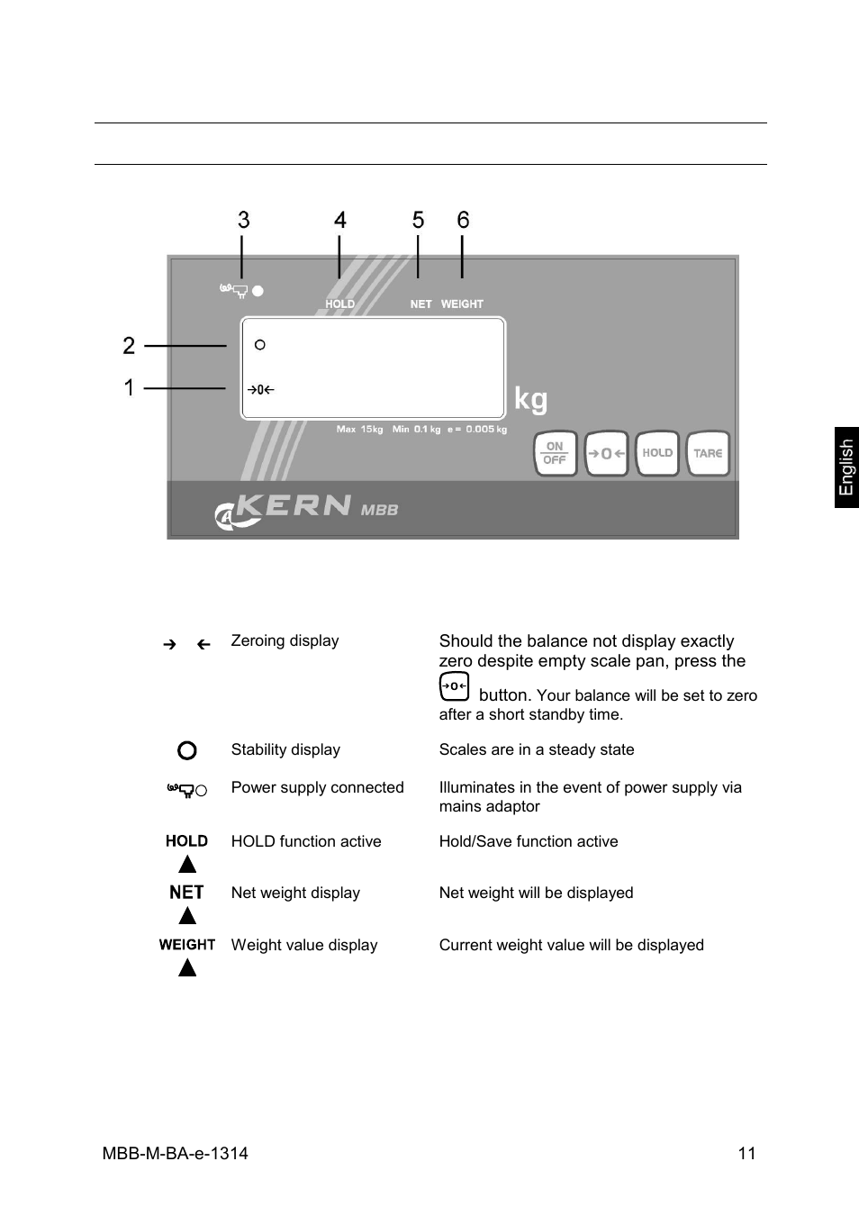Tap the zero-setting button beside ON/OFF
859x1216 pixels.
click(x=606, y=453)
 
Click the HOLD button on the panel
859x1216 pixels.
click(x=657, y=453)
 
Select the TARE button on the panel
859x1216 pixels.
click(x=708, y=453)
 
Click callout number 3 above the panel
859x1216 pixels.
click(x=243, y=220)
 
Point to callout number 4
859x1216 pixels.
click(x=339, y=220)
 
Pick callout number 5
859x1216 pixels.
click(x=418, y=220)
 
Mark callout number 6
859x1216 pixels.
click(x=463, y=220)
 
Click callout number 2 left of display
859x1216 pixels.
click(x=129, y=345)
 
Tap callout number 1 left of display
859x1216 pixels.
click(x=129, y=387)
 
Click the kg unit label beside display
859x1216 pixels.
click(x=530, y=398)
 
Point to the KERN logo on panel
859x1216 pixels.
click(x=293, y=507)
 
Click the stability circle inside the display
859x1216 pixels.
click(x=260, y=345)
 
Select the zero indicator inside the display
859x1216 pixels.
click(x=260, y=390)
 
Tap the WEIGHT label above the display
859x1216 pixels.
click(x=462, y=304)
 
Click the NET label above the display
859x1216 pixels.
click(x=420, y=304)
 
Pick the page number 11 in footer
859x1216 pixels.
click(x=746, y=1153)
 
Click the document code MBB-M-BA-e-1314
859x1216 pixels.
click(x=176, y=1153)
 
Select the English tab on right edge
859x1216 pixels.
click(x=846, y=467)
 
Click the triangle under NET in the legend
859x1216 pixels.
click(x=187, y=916)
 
